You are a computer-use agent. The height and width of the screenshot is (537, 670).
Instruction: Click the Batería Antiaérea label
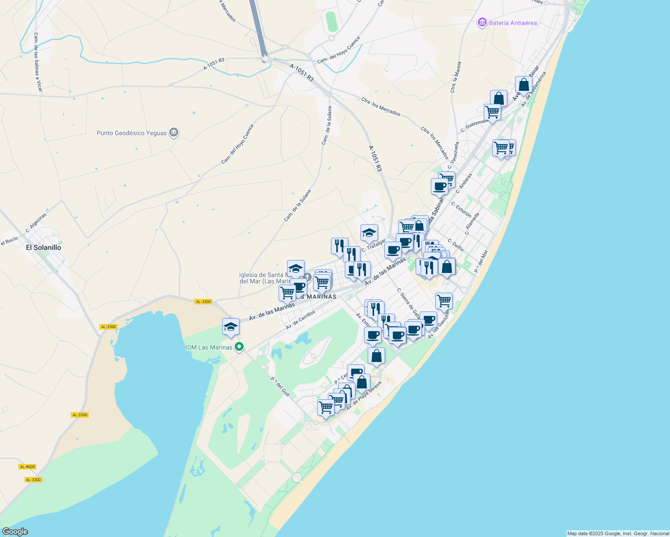coord(513,23)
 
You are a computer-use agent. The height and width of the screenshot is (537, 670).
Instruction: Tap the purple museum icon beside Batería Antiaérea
coord(482,22)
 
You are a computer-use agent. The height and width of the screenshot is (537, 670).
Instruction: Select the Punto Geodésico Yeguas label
coord(132,133)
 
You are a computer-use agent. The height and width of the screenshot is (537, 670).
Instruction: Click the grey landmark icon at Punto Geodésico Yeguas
coord(174,132)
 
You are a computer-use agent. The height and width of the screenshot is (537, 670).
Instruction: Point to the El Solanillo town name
coord(43,247)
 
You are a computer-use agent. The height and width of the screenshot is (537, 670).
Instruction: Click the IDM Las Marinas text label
coord(209,347)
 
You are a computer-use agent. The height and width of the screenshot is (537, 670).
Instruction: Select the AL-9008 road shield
coord(27,467)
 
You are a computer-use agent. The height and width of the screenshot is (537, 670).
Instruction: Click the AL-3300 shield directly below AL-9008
coord(33,480)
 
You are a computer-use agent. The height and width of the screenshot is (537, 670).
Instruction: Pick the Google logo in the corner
coord(15,532)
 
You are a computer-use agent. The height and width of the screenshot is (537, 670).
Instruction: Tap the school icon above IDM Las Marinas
coord(231,327)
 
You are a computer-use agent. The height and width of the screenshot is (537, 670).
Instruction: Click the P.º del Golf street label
coord(280,387)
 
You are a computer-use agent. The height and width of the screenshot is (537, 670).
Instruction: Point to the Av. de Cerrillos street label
coord(301,320)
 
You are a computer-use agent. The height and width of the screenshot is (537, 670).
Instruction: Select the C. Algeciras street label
coord(36,223)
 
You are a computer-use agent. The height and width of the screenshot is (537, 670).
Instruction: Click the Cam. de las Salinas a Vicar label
coord(38,62)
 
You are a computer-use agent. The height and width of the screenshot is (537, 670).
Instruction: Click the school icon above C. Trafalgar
coord(369,233)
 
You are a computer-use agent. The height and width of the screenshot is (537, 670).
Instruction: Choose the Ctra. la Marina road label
coord(455,77)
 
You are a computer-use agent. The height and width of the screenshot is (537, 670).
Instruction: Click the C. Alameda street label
coord(472,223)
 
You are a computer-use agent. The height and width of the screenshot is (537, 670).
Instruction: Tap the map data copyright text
coord(618,533)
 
